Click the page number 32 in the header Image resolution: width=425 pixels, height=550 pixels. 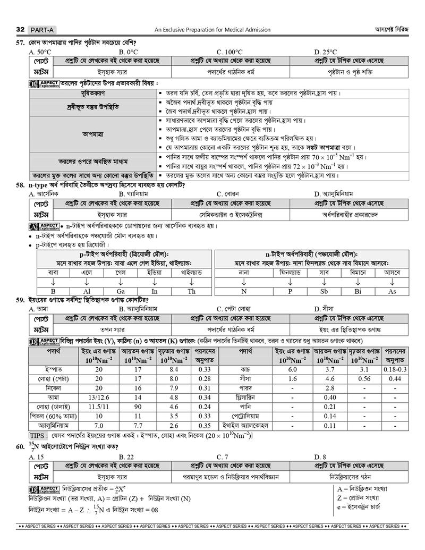tap(20, 29)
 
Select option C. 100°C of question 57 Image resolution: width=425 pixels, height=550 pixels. tap(229, 52)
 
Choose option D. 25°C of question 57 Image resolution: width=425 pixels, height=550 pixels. tap(325, 52)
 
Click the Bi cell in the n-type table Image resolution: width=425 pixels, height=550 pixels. tap(358, 291)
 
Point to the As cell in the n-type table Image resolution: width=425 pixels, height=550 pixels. tap(392, 291)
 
